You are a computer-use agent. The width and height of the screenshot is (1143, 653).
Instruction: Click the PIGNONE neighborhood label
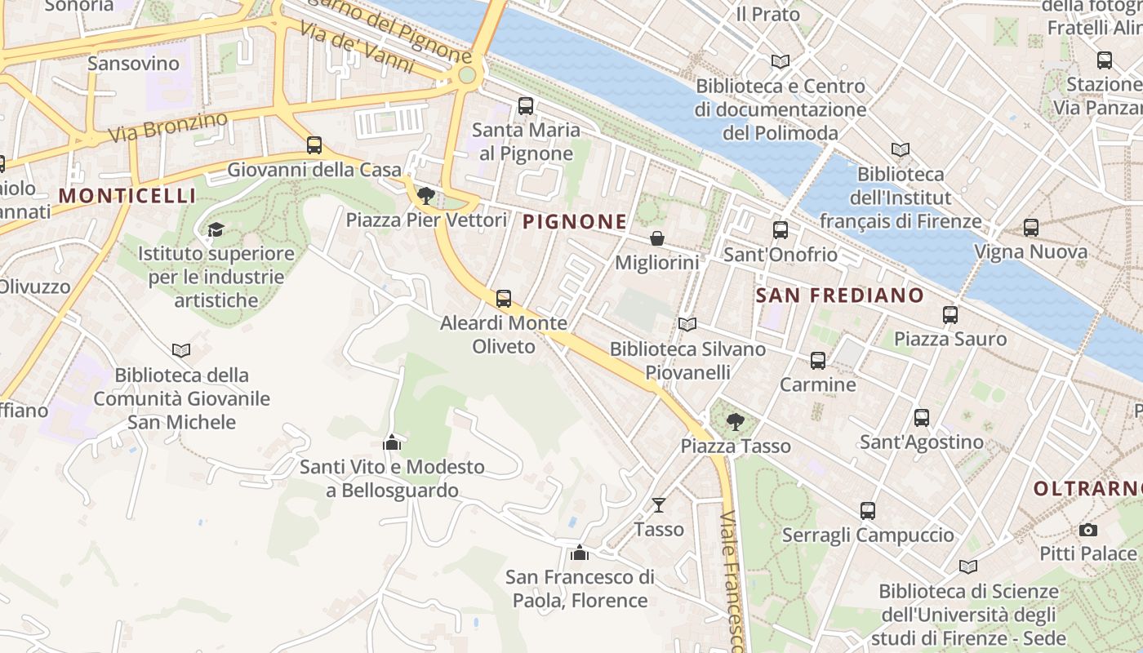(x=575, y=221)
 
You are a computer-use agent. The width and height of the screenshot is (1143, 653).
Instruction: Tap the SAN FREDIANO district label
(x=839, y=295)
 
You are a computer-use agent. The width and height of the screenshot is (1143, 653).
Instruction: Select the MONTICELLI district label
(x=127, y=196)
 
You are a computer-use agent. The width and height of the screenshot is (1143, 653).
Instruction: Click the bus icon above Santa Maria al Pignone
(x=526, y=105)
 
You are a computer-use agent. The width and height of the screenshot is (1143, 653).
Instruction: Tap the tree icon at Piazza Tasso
(x=736, y=421)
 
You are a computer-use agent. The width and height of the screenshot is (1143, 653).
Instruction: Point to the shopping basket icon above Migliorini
(x=656, y=238)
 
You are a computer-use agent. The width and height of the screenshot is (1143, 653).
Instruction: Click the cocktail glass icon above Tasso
(x=659, y=504)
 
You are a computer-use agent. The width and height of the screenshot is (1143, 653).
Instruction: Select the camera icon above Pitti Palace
(x=1087, y=530)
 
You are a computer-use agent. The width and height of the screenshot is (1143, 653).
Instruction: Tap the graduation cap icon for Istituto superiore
(x=216, y=229)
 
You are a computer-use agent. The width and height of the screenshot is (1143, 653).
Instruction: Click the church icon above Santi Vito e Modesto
(x=392, y=442)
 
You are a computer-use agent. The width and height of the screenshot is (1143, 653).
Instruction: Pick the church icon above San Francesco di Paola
(x=580, y=553)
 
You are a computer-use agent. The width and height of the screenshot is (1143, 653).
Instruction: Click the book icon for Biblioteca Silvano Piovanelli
(x=687, y=325)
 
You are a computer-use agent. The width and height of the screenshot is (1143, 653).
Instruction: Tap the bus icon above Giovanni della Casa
(x=314, y=145)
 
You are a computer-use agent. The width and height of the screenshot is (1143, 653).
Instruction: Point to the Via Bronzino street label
(x=169, y=129)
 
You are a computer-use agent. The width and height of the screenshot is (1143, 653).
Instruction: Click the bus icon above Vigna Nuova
(x=1031, y=228)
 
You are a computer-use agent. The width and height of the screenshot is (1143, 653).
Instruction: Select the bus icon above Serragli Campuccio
(x=867, y=511)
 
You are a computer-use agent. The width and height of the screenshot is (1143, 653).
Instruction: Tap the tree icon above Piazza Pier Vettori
(x=425, y=195)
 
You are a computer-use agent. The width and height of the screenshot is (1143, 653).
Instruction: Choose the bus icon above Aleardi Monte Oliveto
(x=504, y=299)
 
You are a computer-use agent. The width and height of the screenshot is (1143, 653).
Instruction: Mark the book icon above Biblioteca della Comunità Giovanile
(x=181, y=350)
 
